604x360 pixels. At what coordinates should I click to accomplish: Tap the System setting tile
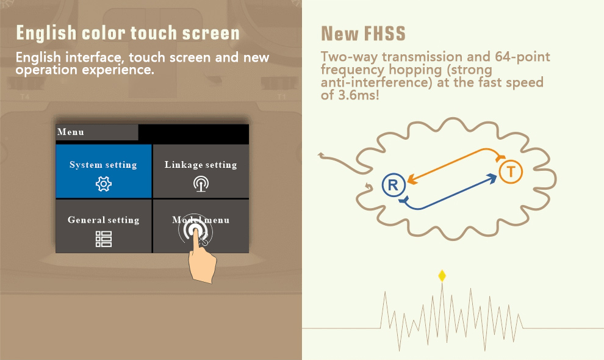click(x=104, y=171)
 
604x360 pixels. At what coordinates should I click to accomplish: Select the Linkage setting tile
click(x=201, y=171)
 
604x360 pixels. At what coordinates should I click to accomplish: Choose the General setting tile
click(x=104, y=226)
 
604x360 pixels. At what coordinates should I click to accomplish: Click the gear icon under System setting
click(x=104, y=184)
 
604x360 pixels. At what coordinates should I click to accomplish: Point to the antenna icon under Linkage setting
click(x=201, y=184)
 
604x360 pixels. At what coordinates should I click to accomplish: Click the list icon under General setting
click(x=104, y=239)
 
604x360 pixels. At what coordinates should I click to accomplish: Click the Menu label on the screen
click(x=71, y=132)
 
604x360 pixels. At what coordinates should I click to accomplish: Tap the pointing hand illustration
click(x=201, y=258)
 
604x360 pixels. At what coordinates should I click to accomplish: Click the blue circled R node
click(x=394, y=185)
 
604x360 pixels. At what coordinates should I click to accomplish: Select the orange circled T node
click(x=511, y=171)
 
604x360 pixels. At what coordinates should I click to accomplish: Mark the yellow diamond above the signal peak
click(x=442, y=276)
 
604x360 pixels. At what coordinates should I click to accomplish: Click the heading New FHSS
click(x=363, y=34)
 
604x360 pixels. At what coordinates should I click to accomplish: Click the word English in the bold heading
click(x=46, y=33)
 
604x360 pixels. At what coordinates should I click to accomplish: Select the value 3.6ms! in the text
click(x=359, y=95)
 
